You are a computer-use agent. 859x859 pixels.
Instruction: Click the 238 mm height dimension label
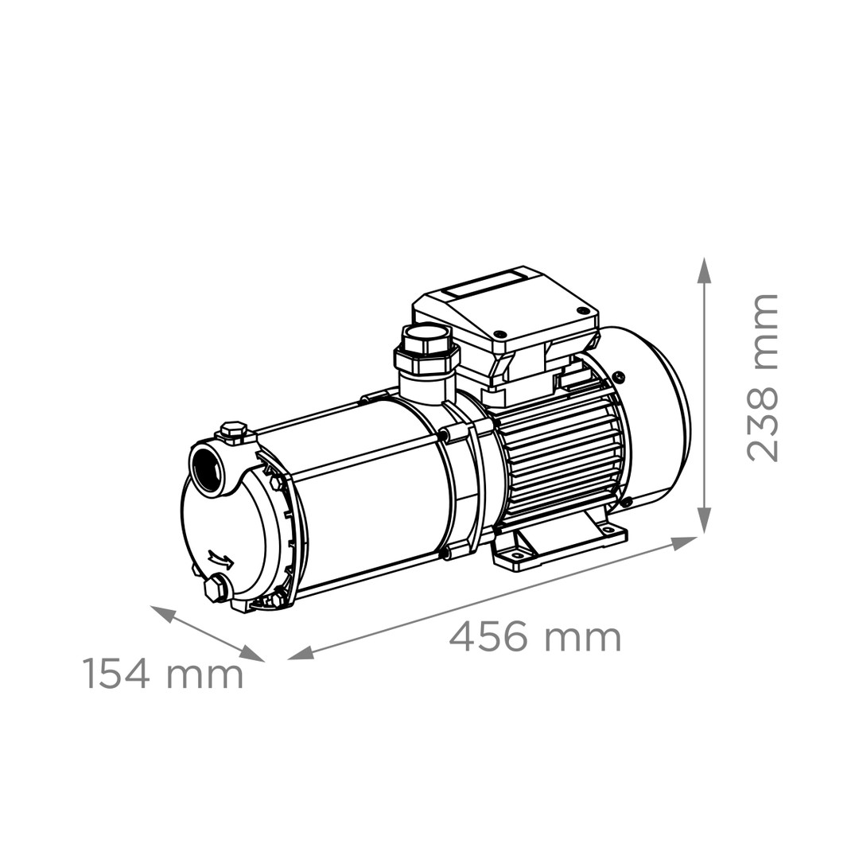tap(762, 378)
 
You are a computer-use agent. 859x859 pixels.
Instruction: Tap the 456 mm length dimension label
tap(535, 637)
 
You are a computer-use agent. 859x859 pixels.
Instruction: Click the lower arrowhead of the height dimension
tap(704, 520)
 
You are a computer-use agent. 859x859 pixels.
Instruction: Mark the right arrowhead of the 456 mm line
tap(684, 543)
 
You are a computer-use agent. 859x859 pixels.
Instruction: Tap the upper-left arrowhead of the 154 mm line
tap(163, 612)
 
